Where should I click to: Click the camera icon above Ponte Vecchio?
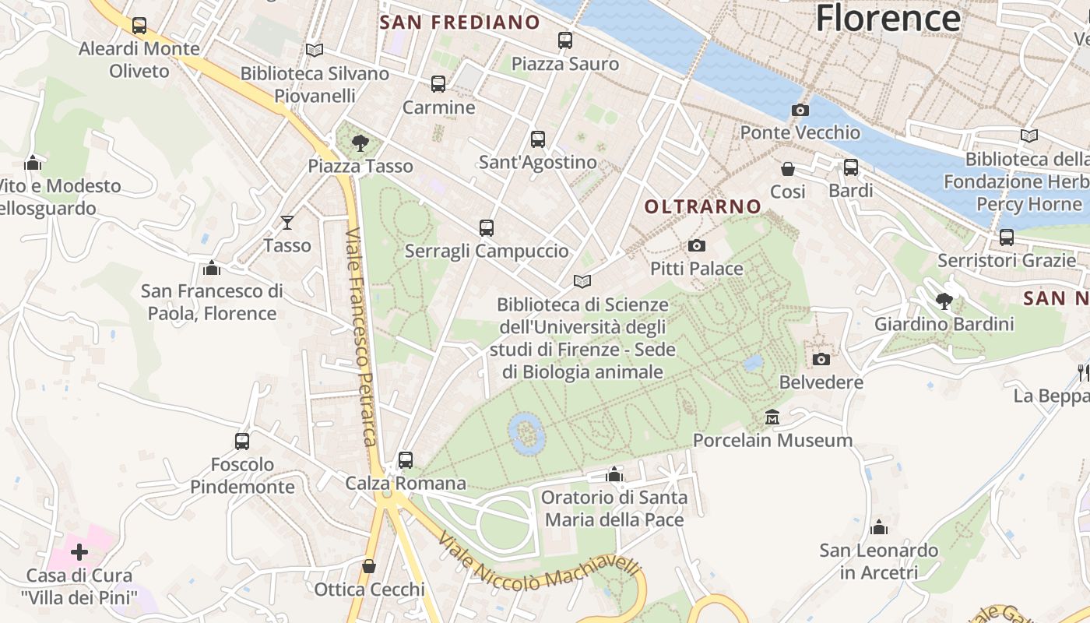point(800,111)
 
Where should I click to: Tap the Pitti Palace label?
point(697,269)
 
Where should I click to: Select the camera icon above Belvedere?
point(821,359)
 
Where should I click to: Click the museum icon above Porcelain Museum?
point(772,417)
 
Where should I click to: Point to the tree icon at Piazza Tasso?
point(360,143)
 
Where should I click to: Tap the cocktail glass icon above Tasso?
point(287,223)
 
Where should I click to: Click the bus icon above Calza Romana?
point(406,460)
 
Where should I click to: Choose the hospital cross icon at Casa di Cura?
point(79,552)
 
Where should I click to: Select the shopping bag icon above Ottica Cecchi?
point(369,566)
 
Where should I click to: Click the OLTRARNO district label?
point(703,206)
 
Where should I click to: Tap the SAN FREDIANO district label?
point(459,23)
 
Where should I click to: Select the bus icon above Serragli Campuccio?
point(487,228)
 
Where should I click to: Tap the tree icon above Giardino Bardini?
point(944,301)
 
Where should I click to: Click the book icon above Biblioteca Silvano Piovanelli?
point(315,51)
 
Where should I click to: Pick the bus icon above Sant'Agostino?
point(538,139)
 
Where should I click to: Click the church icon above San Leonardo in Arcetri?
point(879,527)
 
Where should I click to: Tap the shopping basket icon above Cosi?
point(788,168)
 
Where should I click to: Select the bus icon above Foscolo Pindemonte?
point(242,442)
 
